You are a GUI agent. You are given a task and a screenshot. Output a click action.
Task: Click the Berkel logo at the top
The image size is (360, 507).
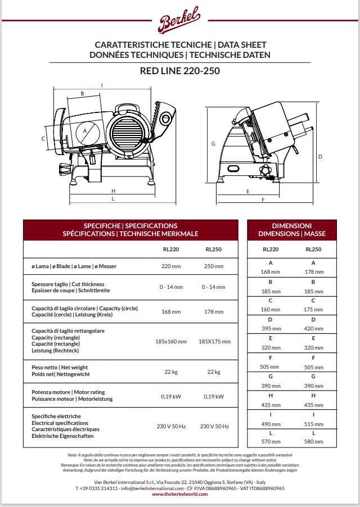point(179,22)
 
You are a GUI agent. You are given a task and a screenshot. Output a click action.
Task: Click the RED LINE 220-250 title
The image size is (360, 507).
point(179,71)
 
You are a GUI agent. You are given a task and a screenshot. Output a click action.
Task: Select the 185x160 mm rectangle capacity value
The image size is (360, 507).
point(170,341)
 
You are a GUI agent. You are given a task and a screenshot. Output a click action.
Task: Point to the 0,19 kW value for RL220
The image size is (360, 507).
point(170,396)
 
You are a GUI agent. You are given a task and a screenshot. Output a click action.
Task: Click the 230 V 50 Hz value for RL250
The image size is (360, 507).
point(214,427)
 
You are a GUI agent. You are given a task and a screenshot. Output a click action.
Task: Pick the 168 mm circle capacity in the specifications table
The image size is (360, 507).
point(170,311)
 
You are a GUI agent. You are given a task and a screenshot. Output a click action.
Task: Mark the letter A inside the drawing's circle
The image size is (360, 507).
point(85,130)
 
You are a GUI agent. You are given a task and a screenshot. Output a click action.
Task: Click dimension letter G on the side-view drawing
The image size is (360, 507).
point(213,144)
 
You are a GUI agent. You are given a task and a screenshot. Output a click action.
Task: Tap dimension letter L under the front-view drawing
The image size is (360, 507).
point(113,198)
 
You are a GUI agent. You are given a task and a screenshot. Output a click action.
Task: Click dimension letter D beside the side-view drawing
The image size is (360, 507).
point(319,157)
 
